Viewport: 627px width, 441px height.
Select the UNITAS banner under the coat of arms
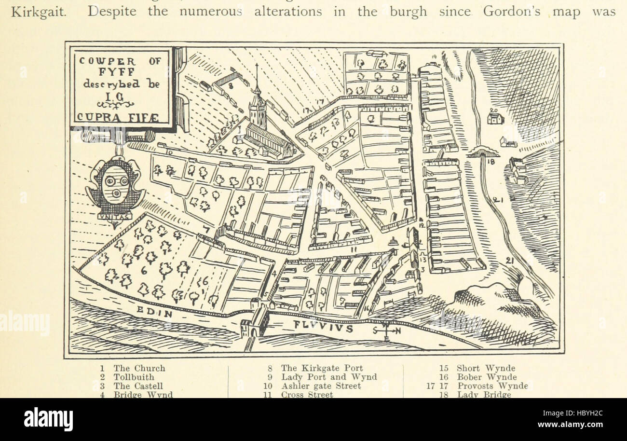[114, 217]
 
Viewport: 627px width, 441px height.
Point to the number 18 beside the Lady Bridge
[491, 163]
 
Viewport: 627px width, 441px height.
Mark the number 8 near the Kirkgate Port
[231, 87]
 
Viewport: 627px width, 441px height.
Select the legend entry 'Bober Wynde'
[486, 377]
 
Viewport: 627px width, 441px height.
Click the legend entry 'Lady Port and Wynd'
[328, 377]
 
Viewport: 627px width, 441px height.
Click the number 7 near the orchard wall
[206, 229]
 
